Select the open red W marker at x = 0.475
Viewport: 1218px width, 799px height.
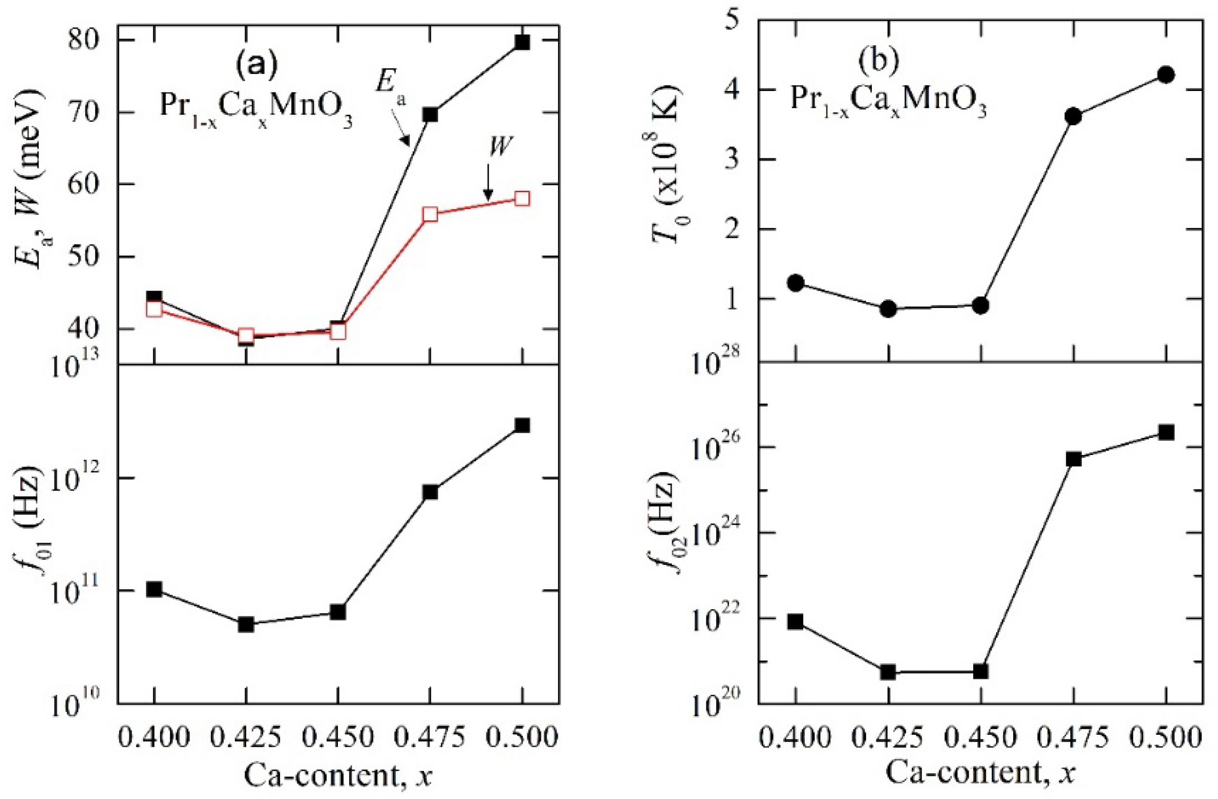pos(430,214)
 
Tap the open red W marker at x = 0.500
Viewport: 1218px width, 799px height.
pos(522,199)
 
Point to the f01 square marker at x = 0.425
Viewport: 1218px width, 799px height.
pos(246,624)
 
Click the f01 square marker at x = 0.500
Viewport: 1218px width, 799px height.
pos(522,425)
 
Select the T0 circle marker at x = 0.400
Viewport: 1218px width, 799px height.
pos(796,283)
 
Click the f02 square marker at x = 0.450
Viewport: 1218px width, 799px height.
pos(980,671)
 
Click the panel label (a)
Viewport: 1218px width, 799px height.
pos(256,64)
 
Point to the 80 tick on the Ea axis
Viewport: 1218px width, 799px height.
pos(85,40)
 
